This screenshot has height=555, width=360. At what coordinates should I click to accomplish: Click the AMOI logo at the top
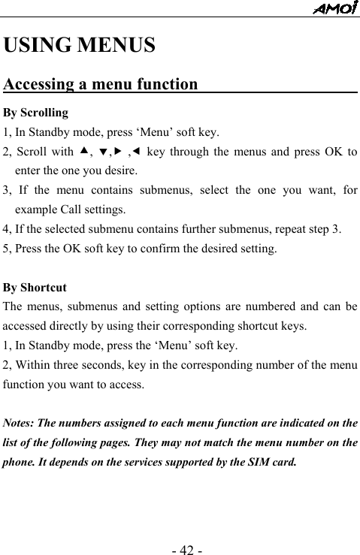335,8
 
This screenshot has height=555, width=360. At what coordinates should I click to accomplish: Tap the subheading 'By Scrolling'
36,113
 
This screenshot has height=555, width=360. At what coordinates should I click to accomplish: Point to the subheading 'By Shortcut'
35,288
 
